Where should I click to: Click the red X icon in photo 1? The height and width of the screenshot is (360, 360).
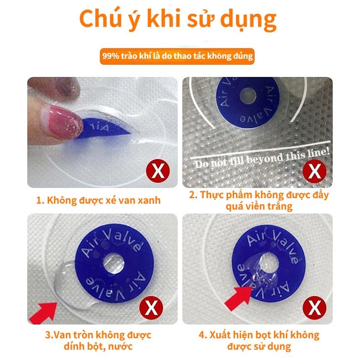click(x=158, y=172)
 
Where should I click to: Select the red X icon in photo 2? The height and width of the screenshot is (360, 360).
click(x=314, y=172)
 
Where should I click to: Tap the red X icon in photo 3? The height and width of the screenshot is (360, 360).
click(x=158, y=309)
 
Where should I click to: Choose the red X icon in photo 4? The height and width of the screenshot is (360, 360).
click(x=314, y=309)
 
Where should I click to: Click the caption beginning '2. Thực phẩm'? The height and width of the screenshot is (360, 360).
click(x=258, y=201)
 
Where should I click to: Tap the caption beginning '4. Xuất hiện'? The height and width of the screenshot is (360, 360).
click(x=258, y=341)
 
